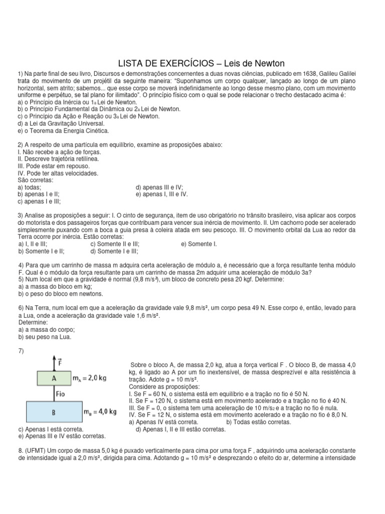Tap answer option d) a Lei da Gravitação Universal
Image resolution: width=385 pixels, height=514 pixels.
(61, 123)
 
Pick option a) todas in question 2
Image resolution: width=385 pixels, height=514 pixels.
(29, 187)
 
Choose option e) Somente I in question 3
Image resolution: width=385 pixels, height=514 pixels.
(199, 243)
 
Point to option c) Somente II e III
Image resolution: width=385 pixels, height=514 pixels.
(115, 243)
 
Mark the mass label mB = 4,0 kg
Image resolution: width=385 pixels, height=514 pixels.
(101, 412)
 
